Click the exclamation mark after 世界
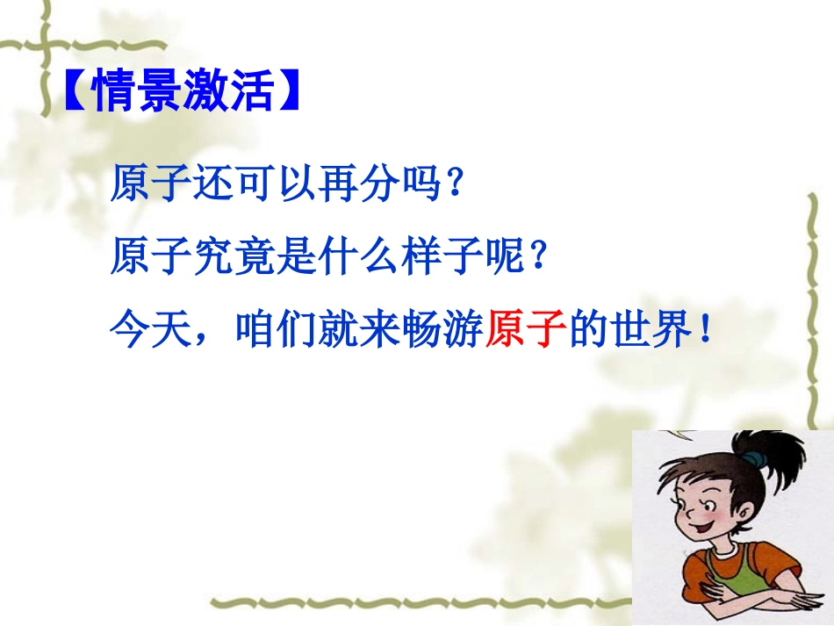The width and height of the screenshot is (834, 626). [706, 334]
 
